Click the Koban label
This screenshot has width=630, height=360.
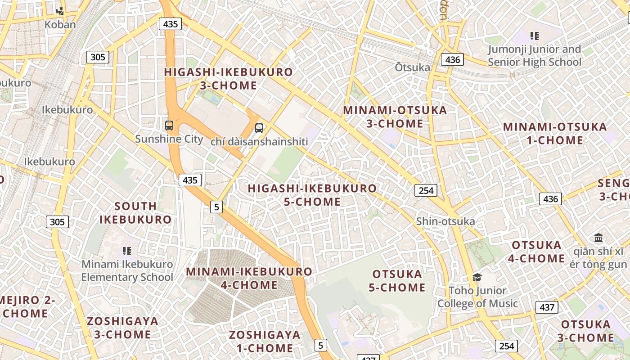click(60, 24)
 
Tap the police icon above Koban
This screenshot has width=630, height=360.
click(60, 11)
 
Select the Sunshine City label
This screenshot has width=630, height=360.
click(169, 139)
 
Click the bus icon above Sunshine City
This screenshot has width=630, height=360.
click(169, 126)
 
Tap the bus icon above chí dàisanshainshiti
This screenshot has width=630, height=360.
click(259, 128)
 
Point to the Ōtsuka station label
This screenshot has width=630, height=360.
click(412, 67)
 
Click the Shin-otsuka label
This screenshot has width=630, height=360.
click(445, 221)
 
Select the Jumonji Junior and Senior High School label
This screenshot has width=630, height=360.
click(535, 55)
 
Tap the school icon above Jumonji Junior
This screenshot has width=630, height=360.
click(534, 36)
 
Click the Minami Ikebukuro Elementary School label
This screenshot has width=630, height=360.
click(127, 270)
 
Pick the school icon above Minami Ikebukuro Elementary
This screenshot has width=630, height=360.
click(126, 251)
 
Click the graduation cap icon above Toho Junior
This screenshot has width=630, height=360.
click(477, 277)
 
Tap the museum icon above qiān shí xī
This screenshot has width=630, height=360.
click(598, 238)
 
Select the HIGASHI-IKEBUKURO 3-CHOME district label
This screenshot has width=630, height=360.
click(228, 79)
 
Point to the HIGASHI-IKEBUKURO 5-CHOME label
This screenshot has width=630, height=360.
click(312, 195)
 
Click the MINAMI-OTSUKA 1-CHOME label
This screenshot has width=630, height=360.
click(555, 133)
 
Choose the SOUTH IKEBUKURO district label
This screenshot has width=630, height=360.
click(135, 213)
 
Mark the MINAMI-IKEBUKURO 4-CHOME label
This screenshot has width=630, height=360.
click(249, 278)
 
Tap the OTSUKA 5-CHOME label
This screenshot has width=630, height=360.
click(397, 281)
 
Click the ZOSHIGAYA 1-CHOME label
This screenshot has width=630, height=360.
click(265, 341)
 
